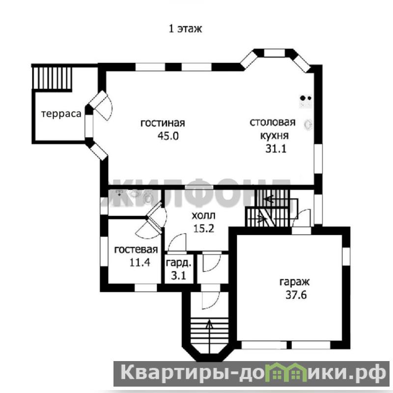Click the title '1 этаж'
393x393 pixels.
coord(185,29)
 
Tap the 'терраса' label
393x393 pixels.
coord(61,114)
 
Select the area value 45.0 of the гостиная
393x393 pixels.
coord(168,136)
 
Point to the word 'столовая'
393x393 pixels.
coord(273,122)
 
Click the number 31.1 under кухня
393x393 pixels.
coord(276,149)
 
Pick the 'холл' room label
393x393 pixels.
coord(203,216)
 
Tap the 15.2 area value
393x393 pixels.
coord(203,228)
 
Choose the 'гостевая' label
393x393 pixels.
coord(136,250)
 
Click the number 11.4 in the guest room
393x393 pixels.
coord(140,262)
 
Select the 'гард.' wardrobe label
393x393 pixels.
coord(179,263)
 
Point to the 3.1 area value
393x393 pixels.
coord(179,276)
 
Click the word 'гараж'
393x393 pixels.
coord(294,282)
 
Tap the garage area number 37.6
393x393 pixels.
coord(296,295)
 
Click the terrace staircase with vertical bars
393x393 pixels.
coord(52,78)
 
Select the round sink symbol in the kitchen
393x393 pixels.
coord(309,124)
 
